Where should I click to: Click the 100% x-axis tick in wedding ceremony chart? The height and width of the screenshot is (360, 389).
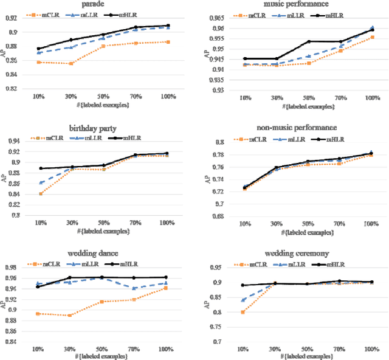371,351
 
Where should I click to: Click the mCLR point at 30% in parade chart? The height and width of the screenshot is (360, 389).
71,63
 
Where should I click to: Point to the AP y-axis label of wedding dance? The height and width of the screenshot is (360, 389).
5,305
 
